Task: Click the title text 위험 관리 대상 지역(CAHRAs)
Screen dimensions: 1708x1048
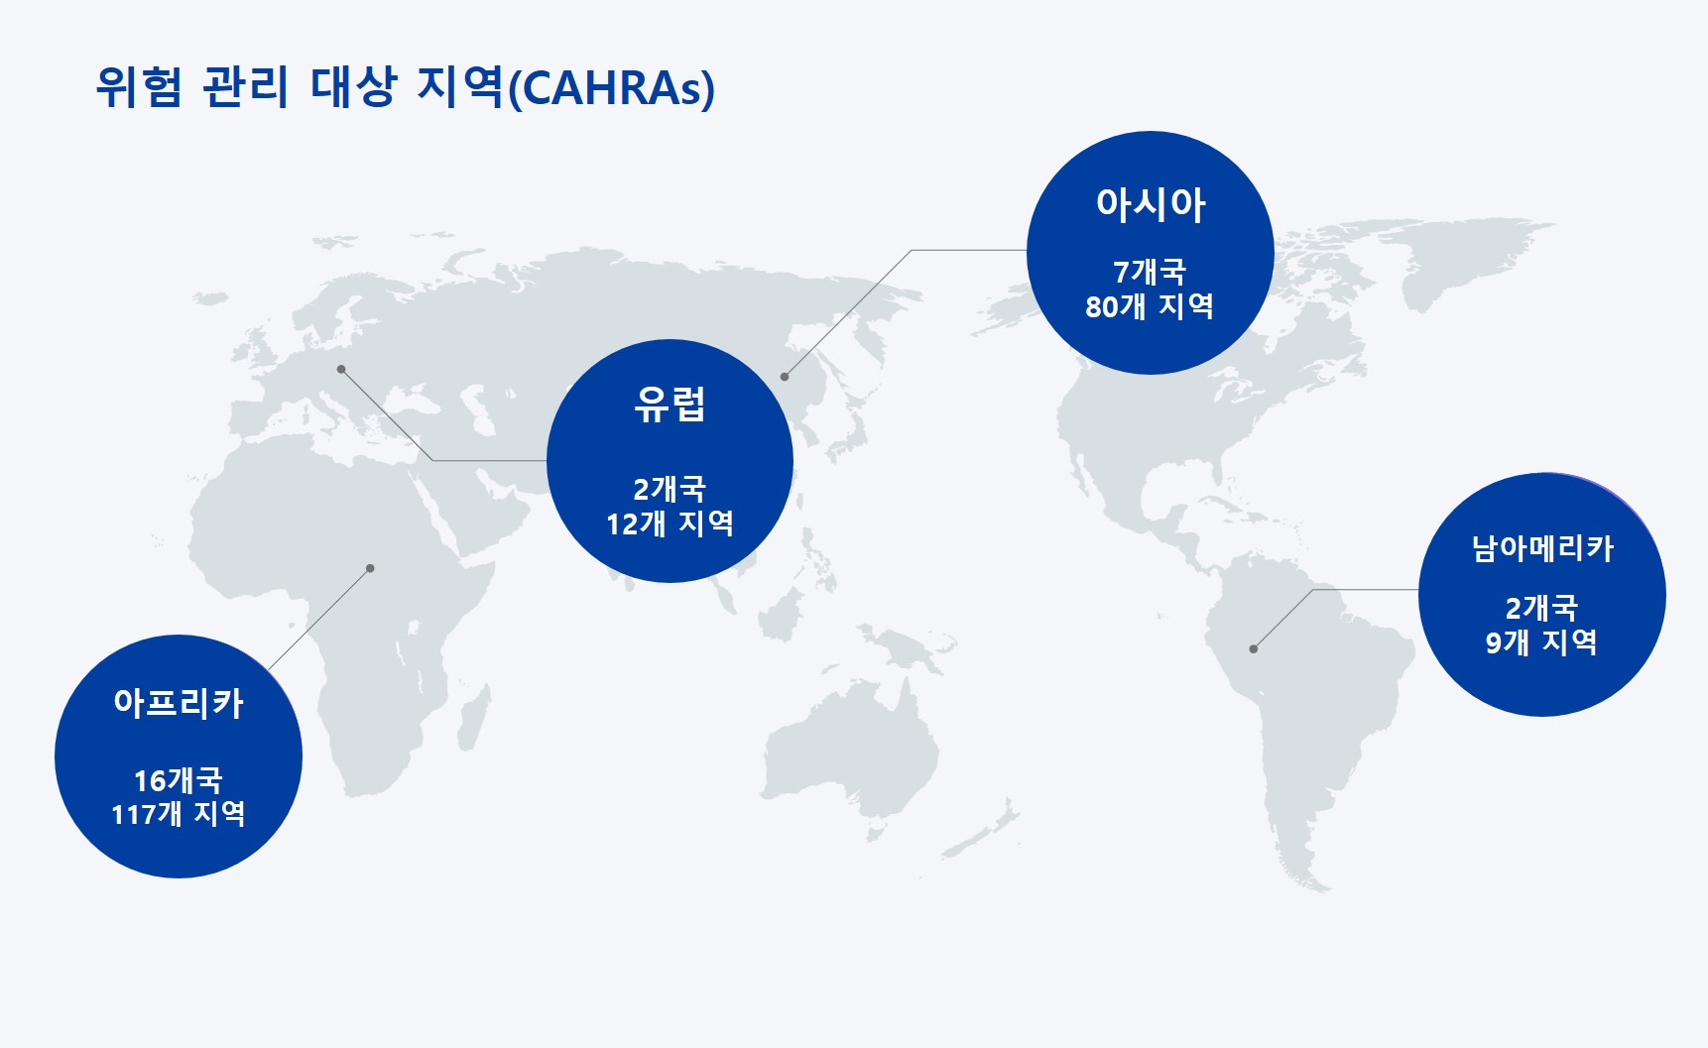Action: [x=405, y=87]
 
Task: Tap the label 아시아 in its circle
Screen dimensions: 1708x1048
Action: [x=1151, y=204]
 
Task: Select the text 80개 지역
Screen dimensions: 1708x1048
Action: [x=1150, y=306]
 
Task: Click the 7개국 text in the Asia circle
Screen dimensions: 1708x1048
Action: [x=1151, y=271]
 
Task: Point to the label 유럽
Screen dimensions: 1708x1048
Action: [x=670, y=405]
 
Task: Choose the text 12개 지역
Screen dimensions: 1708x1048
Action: [x=670, y=524]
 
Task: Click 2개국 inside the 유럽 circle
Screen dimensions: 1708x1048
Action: [x=670, y=489]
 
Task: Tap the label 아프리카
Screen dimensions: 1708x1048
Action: [x=179, y=703]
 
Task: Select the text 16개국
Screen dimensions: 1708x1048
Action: [x=179, y=780]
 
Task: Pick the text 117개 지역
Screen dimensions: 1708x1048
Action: [x=179, y=814]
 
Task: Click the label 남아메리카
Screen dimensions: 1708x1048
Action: [x=1542, y=548]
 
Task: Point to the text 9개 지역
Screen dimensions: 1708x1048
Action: [x=1541, y=642]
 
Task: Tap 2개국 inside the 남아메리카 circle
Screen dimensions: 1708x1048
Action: [x=1541, y=608]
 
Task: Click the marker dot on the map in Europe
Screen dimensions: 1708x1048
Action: [x=341, y=369]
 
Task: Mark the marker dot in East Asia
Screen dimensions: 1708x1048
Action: [x=785, y=377]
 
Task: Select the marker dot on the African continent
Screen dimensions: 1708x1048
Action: [x=370, y=568]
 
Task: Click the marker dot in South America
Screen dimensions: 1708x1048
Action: [x=1254, y=649]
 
